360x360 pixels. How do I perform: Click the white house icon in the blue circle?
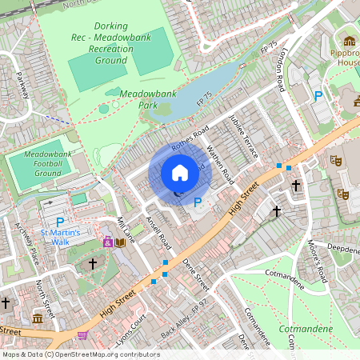coord(180,173)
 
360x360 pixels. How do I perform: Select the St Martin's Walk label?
coord(61,237)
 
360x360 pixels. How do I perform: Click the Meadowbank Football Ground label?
coord(37,163)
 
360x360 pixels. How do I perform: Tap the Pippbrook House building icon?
coord(349,42)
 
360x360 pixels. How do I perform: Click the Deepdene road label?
coord(343,249)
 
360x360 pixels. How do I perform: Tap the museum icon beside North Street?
coord(38,320)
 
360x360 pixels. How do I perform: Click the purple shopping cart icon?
coord(83,336)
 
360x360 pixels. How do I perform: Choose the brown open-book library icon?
coord(120,242)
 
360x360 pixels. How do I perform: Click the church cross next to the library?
coord(92,262)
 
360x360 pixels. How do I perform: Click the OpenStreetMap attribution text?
coord(80,354)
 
